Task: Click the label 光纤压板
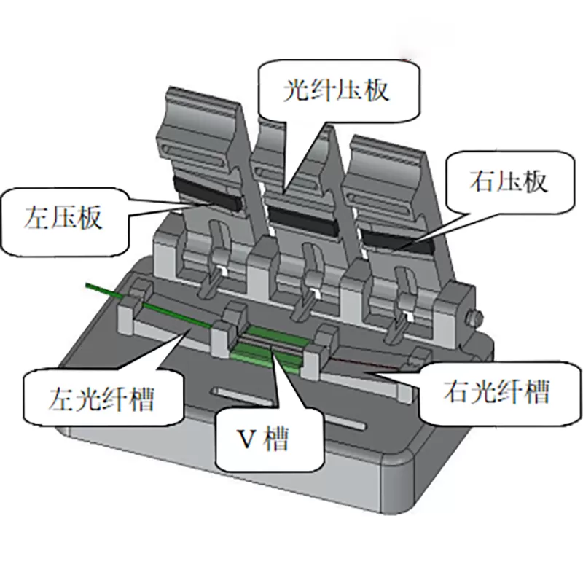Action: (x=336, y=90)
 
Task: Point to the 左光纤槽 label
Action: (x=102, y=399)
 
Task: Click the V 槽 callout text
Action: (x=263, y=439)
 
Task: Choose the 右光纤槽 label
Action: (x=497, y=391)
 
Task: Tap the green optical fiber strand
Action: (x=149, y=305)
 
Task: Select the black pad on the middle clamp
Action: (x=302, y=219)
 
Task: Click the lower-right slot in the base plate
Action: (x=345, y=423)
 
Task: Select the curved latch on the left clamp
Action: (x=216, y=257)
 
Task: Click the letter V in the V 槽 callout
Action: (x=246, y=440)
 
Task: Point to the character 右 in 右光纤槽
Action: (x=456, y=391)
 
